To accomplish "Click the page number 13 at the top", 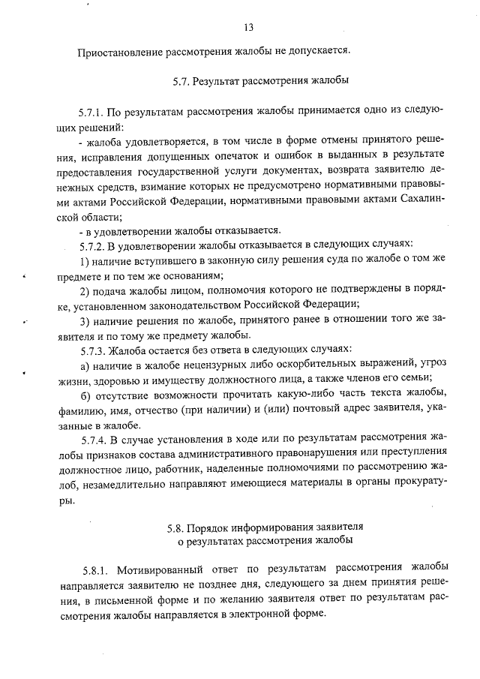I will tap(248, 28).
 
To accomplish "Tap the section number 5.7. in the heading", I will tap(182, 80).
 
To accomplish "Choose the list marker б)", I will tap(85, 395).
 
